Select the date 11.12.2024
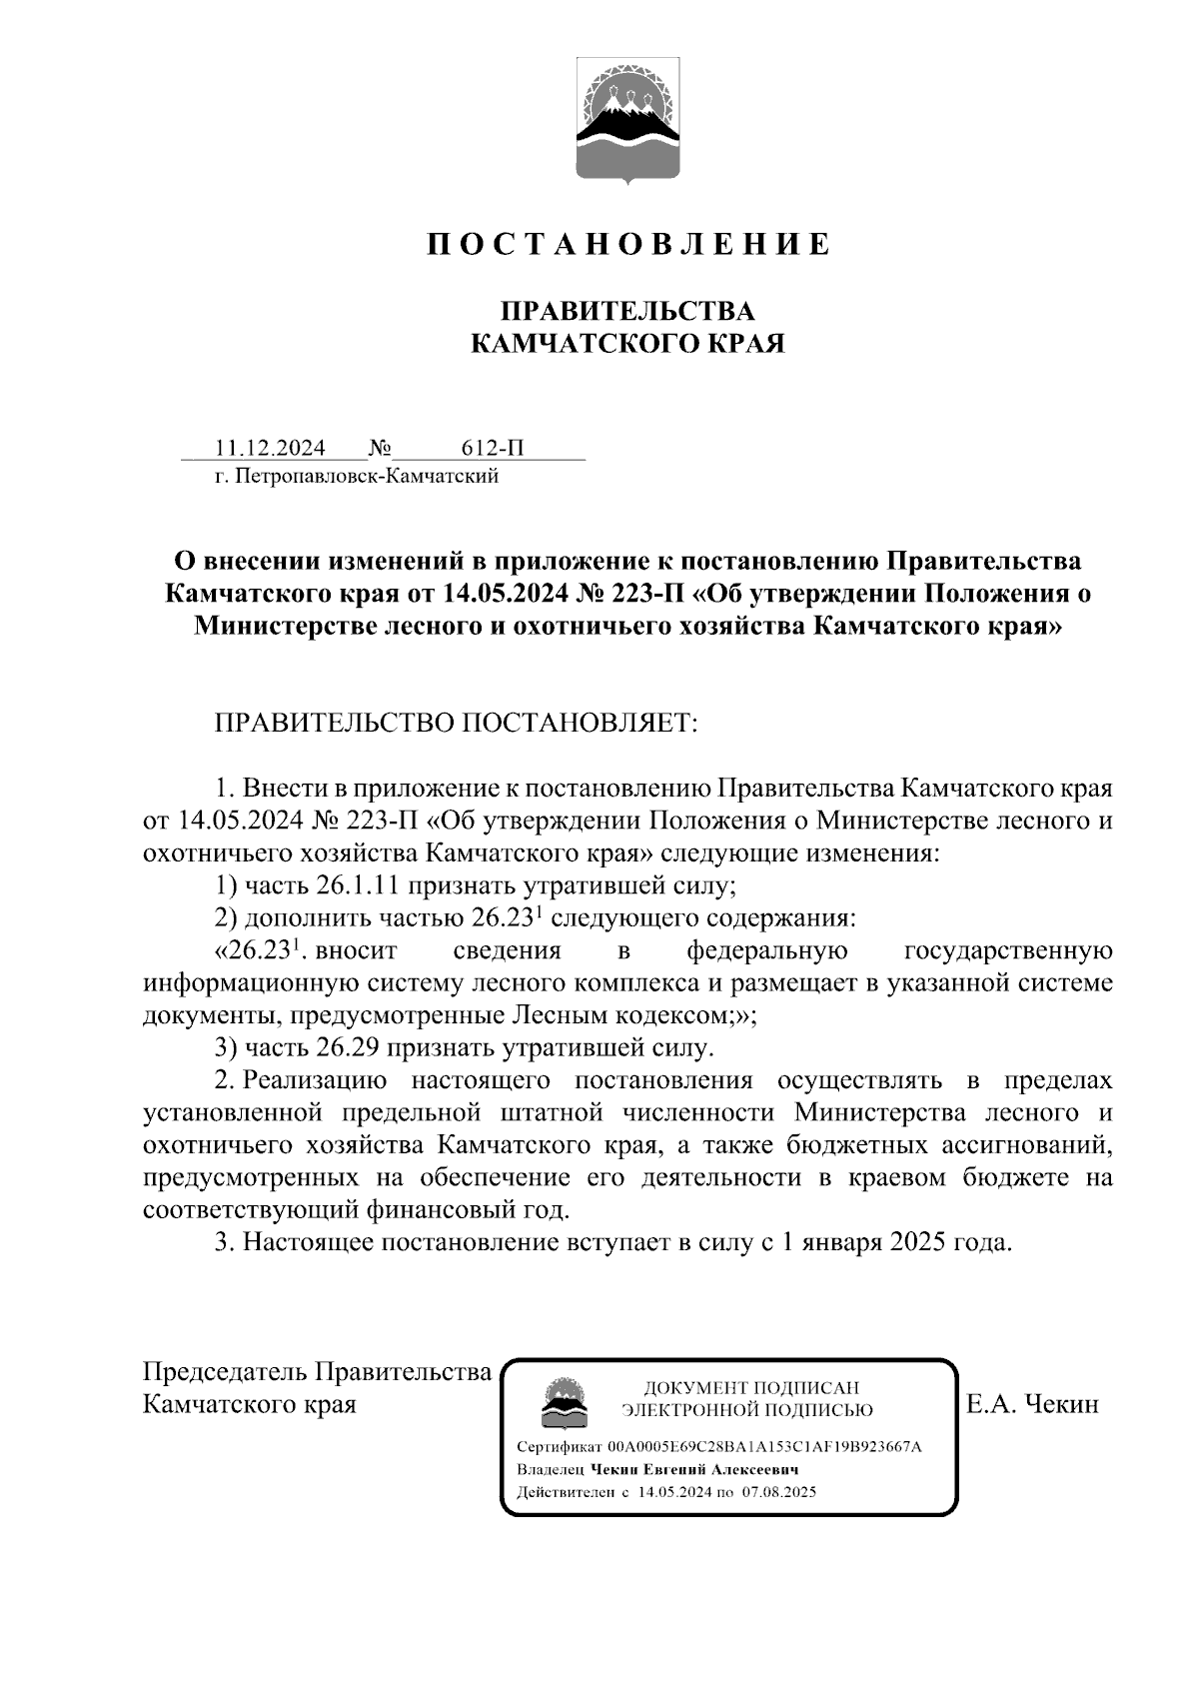264,448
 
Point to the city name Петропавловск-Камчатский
367,476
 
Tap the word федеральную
767,950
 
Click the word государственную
1007,950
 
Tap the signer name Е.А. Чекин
1032,1404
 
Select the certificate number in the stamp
764,1446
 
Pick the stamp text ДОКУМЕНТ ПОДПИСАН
750,1388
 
